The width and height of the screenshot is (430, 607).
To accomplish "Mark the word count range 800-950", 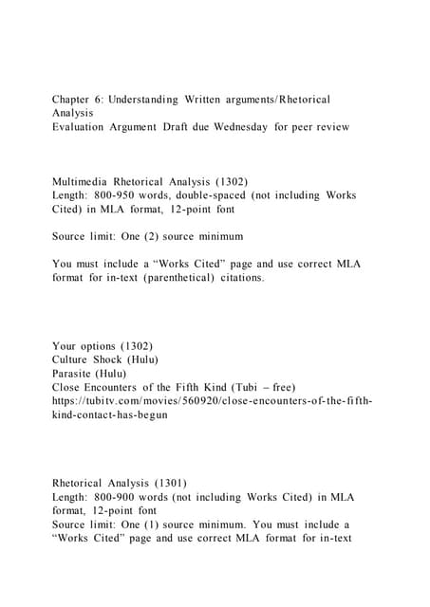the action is pos(117,195).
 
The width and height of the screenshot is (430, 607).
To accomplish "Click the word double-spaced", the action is pos(206,195).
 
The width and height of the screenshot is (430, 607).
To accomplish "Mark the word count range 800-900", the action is pos(117,497).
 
